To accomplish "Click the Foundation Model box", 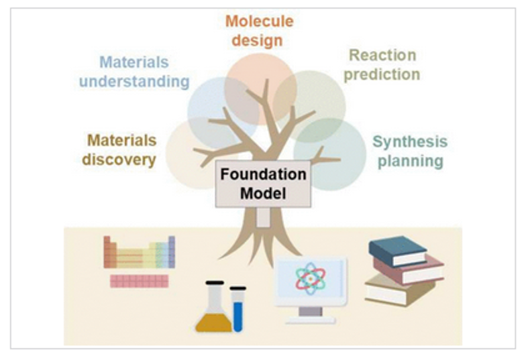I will pos(263,184).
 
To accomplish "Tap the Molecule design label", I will pos(259,30).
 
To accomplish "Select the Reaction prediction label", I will pos(382,64).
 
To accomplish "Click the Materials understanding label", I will pos(134,72).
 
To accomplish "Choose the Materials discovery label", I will pos(121,150).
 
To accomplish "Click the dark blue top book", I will pos(397,250).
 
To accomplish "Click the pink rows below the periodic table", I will pos(139,281).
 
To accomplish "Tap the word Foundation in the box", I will pos(263,175).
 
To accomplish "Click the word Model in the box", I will pos(263,194).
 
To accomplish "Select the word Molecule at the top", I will pos(259,21).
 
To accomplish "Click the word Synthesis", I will pos(410,142).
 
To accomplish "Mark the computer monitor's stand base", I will pos(311,320).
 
